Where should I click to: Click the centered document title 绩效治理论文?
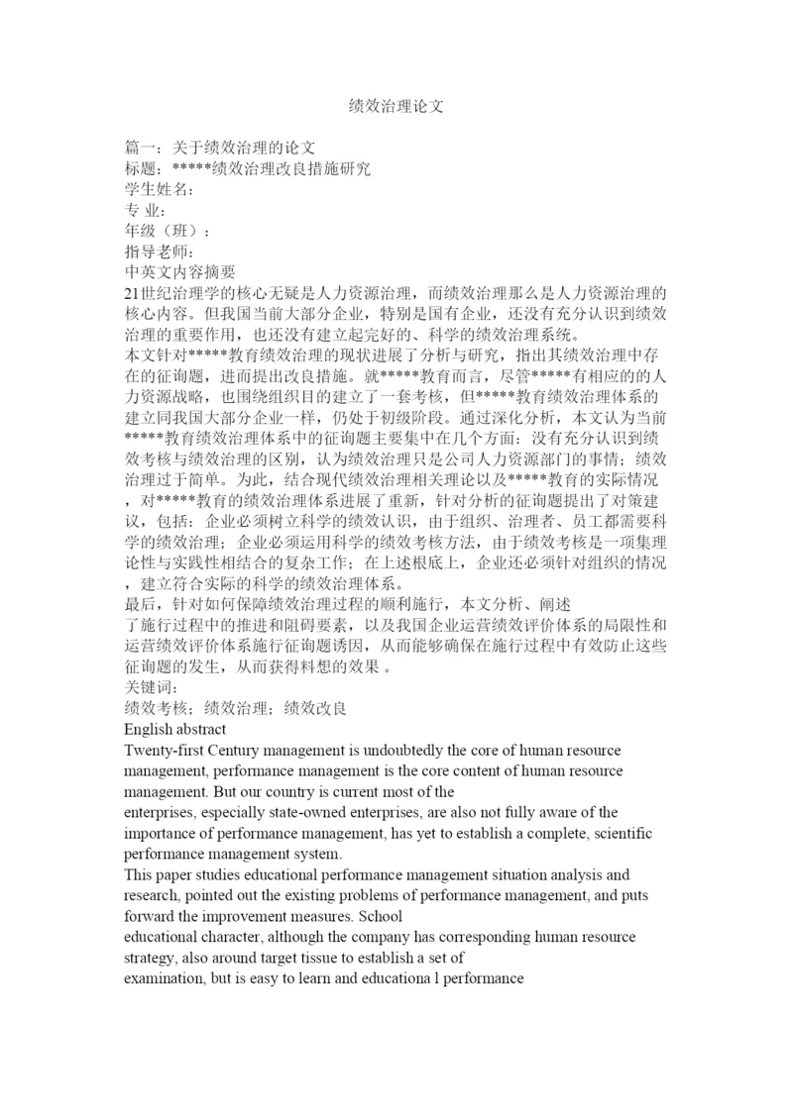396,104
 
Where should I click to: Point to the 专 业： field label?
144,210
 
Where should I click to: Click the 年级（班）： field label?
167,231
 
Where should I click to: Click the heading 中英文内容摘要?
179,272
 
